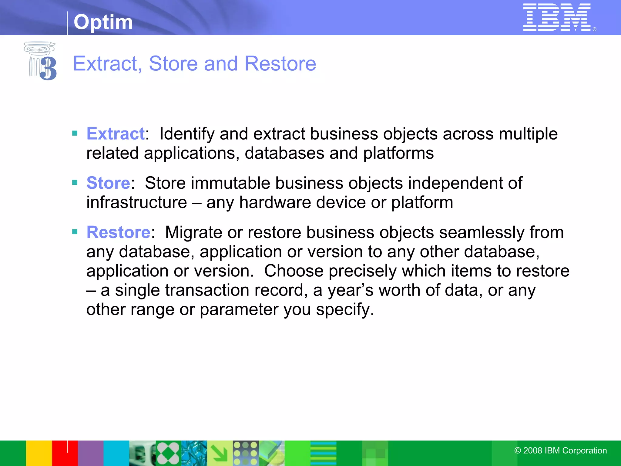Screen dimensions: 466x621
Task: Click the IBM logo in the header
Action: coord(557,17)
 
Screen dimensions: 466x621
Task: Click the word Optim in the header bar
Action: coord(103,22)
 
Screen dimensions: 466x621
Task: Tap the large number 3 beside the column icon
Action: coord(49,69)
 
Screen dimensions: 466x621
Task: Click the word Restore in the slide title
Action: coord(280,64)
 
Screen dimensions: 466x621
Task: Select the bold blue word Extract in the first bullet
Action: coord(116,134)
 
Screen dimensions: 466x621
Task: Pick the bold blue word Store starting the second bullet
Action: coord(108,183)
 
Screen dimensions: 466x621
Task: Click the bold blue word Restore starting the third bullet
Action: coord(118,233)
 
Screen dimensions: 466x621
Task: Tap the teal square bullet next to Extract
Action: coord(75,133)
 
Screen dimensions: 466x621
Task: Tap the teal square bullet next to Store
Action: coord(75,182)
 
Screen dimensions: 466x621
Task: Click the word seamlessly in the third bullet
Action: coord(482,233)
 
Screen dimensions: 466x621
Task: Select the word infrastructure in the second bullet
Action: coord(136,203)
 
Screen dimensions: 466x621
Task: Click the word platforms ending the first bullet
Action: coord(398,153)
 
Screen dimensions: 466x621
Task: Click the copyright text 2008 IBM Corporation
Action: coord(561,451)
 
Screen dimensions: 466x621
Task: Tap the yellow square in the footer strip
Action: coord(39,453)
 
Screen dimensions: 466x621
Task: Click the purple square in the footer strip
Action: coord(91,453)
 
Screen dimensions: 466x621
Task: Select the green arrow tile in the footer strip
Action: coord(220,453)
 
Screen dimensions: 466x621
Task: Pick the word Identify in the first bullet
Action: coord(187,134)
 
